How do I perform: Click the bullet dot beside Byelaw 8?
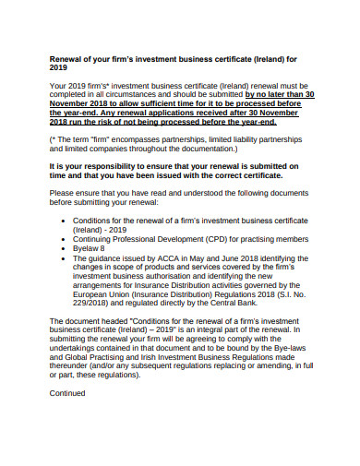tap(63, 248)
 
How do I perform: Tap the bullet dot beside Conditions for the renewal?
tap(63, 221)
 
